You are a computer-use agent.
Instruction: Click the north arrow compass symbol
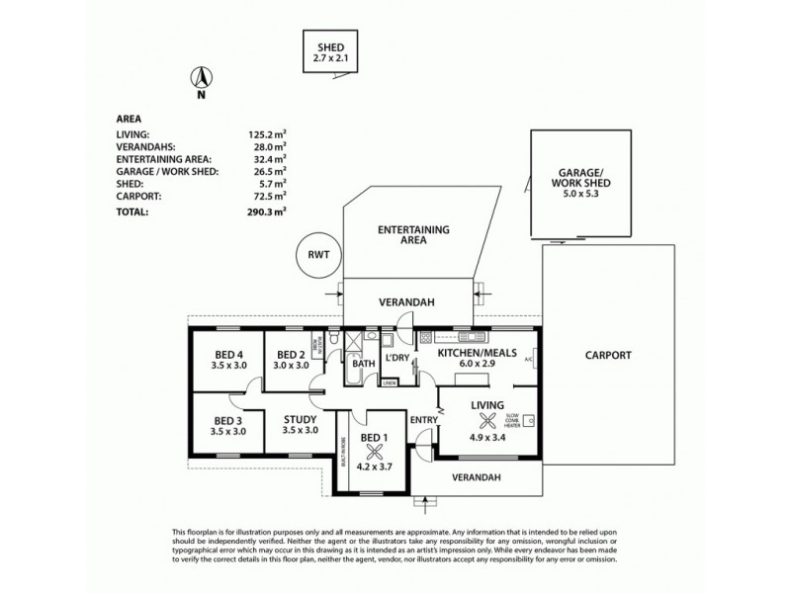pyautogui.click(x=201, y=79)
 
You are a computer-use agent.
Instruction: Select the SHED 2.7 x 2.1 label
pyautogui.click(x=330, y=52)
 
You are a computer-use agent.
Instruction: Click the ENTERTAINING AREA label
pyautogui.click(x=414, y=233)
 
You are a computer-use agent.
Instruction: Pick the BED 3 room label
pyautogui.click(x=228, y=426)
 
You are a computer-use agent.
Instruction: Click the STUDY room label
pyautogui.click(x=301, y=424)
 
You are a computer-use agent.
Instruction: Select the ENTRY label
pyautogui.click(x=423, y=421)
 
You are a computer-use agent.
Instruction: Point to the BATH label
pyautogui.click(x=365, y=364)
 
